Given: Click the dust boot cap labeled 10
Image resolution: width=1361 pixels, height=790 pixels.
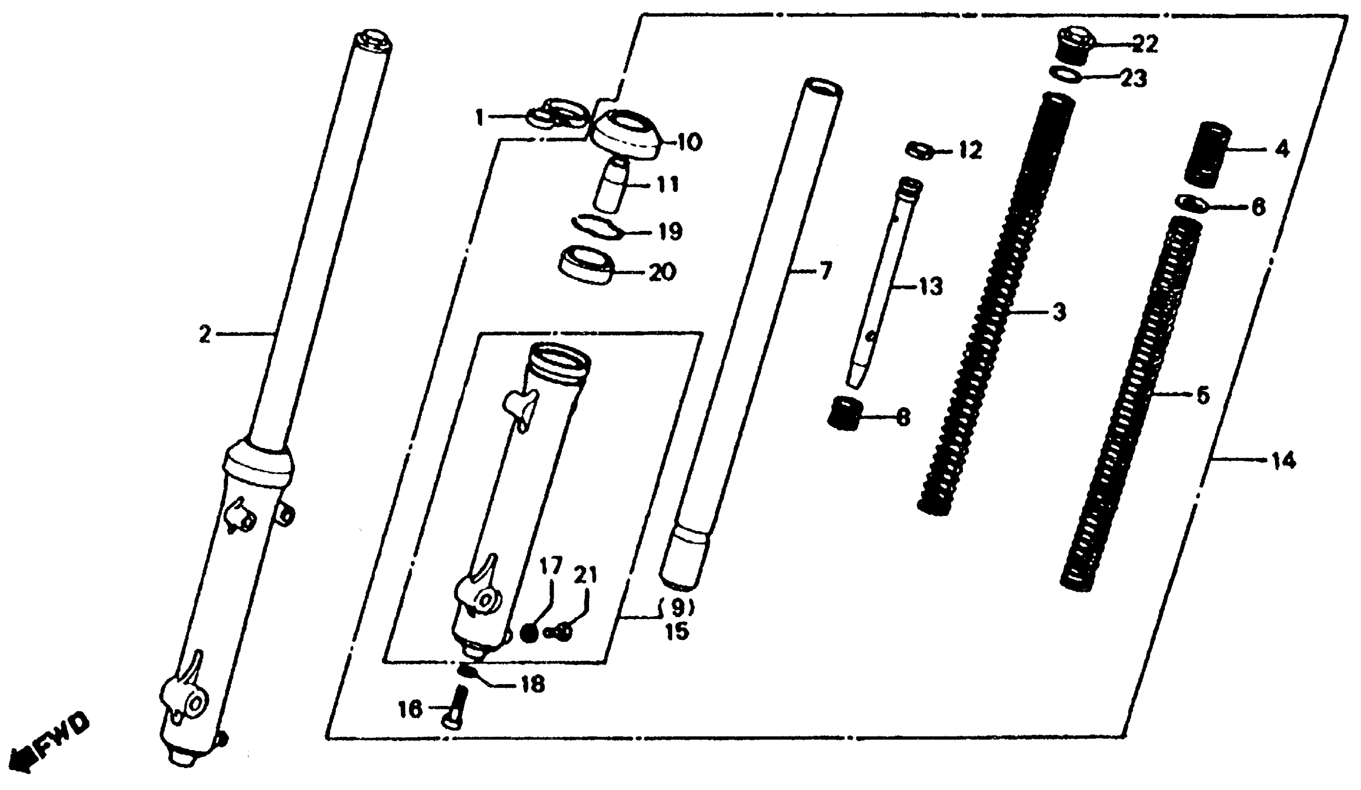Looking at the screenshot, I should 624,135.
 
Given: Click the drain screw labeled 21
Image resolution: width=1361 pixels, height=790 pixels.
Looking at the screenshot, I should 562,631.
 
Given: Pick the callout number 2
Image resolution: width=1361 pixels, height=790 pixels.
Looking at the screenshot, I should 204,336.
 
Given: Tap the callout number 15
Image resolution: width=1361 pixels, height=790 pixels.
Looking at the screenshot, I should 677,632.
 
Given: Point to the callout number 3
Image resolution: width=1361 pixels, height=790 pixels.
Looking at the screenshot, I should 1060,312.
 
